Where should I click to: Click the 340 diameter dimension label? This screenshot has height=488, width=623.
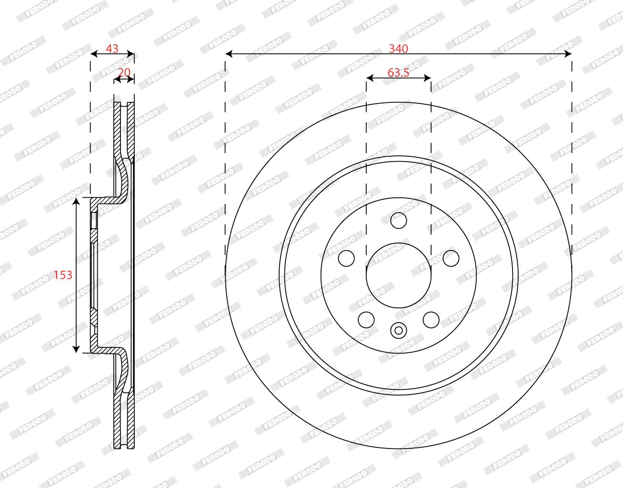(398, 49)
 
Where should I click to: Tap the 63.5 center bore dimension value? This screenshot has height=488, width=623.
(398, 73)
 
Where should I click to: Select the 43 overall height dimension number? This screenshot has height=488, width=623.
(112, 49)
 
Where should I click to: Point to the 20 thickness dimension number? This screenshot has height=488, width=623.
(124, 72)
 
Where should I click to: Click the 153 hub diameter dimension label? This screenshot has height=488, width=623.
(63, 275)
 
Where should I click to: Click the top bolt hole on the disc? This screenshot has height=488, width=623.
(399, 221)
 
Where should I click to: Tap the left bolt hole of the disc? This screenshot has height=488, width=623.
(346, 258)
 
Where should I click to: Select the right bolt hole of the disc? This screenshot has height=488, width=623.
(451, 258)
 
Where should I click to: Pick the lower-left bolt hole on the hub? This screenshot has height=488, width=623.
(366, 320)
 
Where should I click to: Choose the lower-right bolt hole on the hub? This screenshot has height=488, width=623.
(431, 320)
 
